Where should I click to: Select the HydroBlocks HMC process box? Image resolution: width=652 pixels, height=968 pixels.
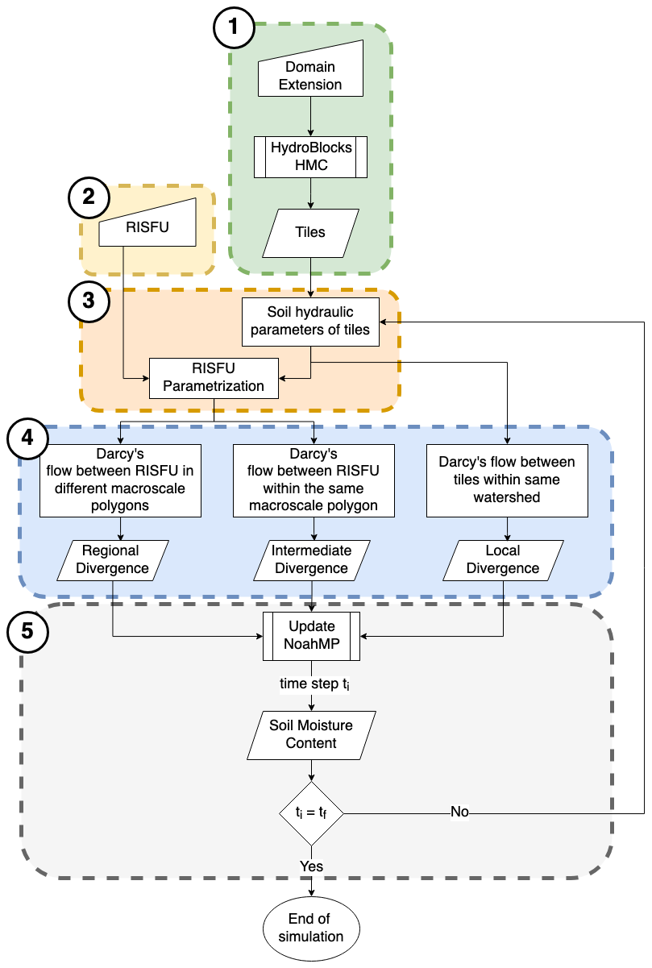311,156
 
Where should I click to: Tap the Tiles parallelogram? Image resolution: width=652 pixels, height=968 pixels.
311,232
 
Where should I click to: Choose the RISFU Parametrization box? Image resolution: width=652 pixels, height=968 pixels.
214,378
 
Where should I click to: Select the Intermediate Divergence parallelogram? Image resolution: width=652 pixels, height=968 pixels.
311,559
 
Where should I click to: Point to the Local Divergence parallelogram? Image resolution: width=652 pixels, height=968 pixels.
503,559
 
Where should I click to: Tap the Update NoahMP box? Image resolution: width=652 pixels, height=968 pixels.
311,635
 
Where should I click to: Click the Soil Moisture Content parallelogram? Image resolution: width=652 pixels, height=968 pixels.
311,733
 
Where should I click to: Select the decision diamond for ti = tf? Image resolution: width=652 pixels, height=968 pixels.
311,812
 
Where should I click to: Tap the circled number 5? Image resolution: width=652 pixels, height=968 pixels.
27,631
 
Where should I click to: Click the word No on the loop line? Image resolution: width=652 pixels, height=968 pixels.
459,812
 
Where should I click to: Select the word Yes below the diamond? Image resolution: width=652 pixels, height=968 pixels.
311,866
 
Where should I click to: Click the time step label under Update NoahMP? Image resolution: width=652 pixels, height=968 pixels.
311,684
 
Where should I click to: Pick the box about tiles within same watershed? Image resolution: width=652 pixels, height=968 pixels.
507,480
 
